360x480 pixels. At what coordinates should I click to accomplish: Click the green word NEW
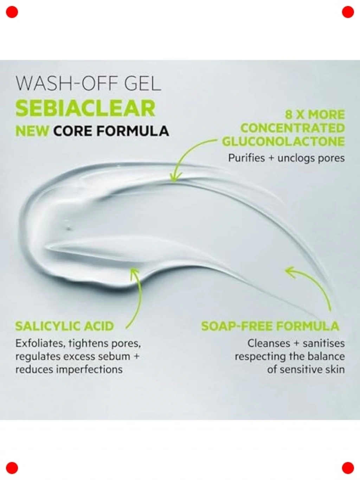click(x=32, y=131)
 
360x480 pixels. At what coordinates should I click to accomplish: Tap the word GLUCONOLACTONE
click(x=283, y=141)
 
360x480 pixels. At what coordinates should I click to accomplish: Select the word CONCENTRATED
click(x=293, y=128)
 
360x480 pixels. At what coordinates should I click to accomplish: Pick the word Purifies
click(x=246, y=158)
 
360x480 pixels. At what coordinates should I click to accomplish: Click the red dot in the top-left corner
click(x=12, y=12)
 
